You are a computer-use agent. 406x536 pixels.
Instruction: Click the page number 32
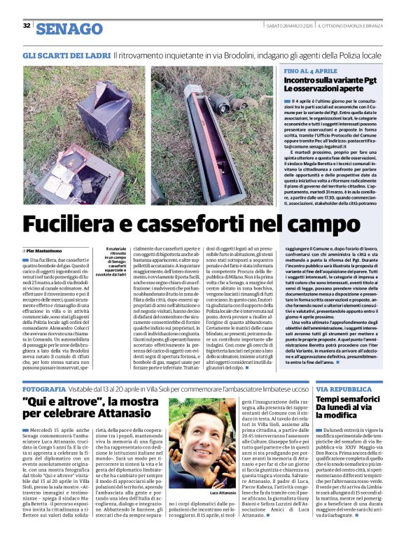(x=27, y=26)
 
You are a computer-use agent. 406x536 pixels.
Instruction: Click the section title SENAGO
(x=69, y=29)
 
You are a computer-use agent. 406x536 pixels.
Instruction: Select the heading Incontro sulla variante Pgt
(x=328, y=81)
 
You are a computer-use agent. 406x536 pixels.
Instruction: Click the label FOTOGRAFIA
(x=45, y=388)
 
